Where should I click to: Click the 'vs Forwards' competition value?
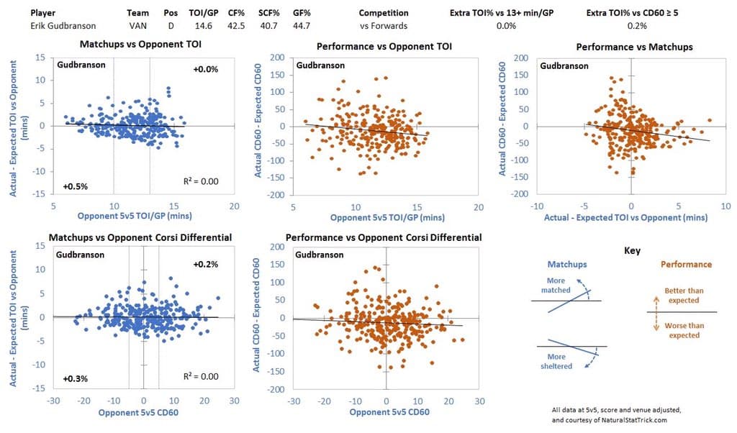click(x=383, y=26)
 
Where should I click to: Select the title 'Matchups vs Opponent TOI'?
click(x=120, y=47)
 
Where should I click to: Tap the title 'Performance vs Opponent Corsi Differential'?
click(x=384, y=237)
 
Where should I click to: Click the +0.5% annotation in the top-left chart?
click(x=75, y=186)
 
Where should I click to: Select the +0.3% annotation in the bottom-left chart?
click(x=75, y=378)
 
